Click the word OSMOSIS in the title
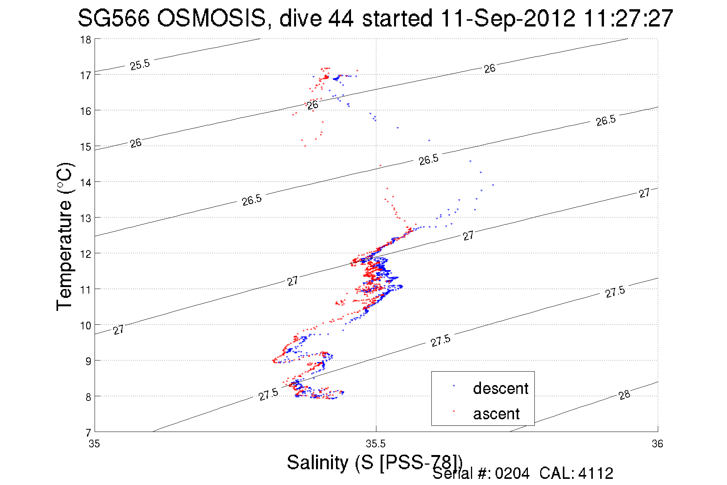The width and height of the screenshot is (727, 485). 211,18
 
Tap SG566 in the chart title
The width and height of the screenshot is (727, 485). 113,18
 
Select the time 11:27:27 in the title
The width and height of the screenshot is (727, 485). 628,18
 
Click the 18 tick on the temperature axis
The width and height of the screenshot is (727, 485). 86,40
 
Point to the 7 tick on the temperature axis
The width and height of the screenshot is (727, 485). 88,432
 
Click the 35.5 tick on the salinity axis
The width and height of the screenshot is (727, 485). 376,444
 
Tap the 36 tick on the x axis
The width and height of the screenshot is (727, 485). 657,444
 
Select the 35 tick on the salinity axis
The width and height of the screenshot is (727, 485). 94,444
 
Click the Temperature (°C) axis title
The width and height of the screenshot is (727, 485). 65,237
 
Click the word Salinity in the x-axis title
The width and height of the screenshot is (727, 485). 318,462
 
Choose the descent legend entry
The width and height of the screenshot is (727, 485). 501,388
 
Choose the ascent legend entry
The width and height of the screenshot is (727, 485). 496,414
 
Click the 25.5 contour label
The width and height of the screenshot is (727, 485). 140,65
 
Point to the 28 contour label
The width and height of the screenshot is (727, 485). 624,395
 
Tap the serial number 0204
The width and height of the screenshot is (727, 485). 512,473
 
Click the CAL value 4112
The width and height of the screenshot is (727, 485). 596,473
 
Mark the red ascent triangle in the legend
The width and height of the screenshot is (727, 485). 454,411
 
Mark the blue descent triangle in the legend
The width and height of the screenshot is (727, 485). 454,385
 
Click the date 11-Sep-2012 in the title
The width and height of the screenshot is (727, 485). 508,18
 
